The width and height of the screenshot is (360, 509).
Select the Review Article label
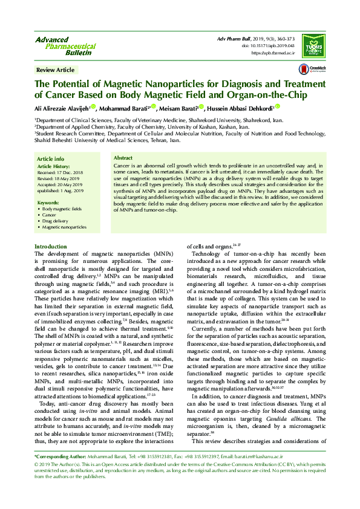[56, 70]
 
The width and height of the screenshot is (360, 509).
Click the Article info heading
[51, 158]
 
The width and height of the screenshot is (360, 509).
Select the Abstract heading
[124, 158]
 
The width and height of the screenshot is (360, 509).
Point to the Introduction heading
[51, 247]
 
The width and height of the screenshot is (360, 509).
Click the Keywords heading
[48, 202]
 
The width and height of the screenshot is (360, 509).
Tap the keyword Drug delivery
[54, 221]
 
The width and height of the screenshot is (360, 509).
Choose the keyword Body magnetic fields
[62, 209]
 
